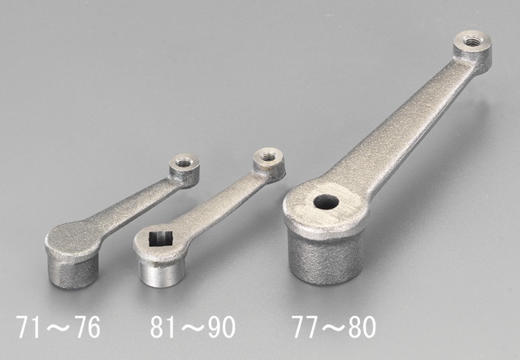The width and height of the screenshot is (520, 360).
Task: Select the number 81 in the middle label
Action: coord(163,327)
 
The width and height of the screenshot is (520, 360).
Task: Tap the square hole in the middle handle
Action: coord(161,239)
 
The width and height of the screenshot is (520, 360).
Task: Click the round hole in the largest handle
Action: coord(326,202)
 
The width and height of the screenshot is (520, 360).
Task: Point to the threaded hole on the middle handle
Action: coord(266,155)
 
